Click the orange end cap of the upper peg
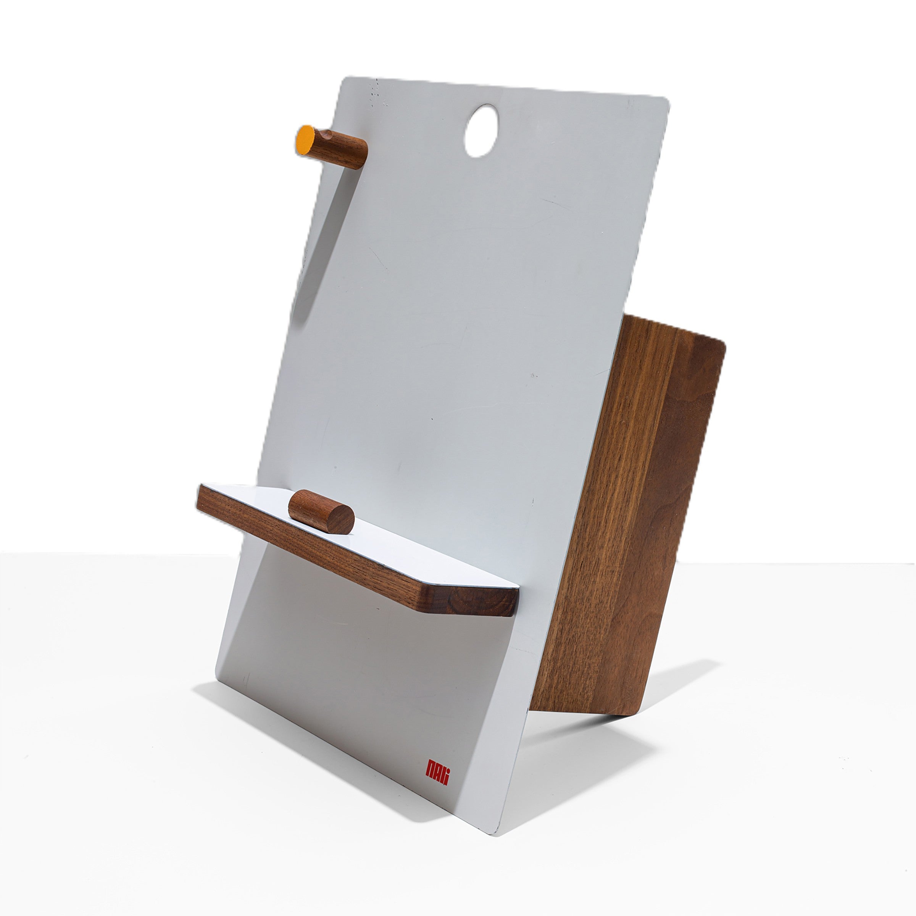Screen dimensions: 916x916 [x=306, y=140]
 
